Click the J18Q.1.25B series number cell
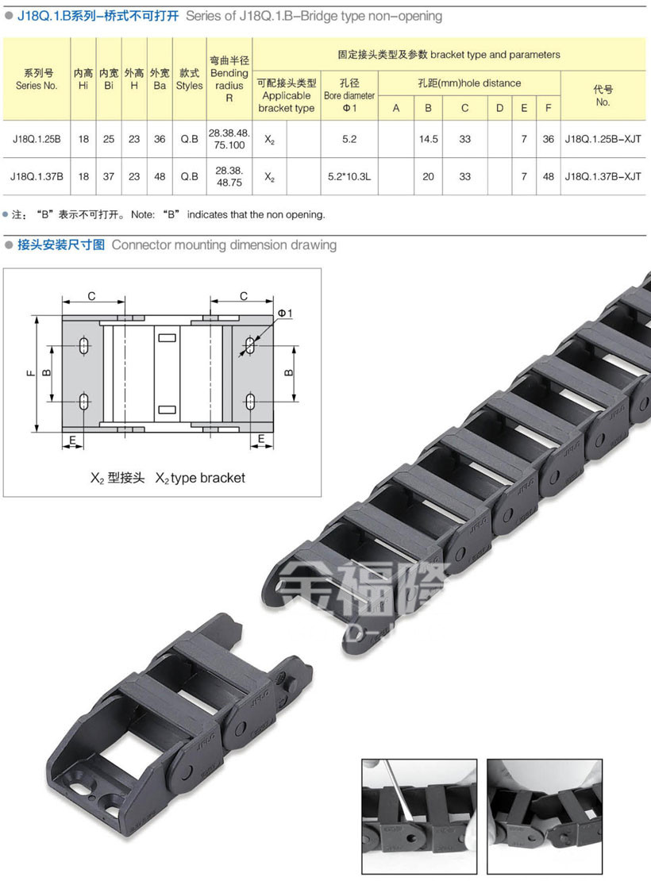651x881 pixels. coord(37,139)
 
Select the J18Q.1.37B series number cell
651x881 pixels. coord(37,176)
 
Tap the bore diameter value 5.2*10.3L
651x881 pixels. coord(349,176)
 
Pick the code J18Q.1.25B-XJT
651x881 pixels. coord(603,139)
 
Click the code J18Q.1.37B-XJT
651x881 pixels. coord(603,176)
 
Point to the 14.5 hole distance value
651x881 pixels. coord(429,139)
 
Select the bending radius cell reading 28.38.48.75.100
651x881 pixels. coord(229,139)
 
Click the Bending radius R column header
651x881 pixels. coord(229,79)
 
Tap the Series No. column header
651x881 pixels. coord(37,79)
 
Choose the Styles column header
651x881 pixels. coord(190,79)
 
